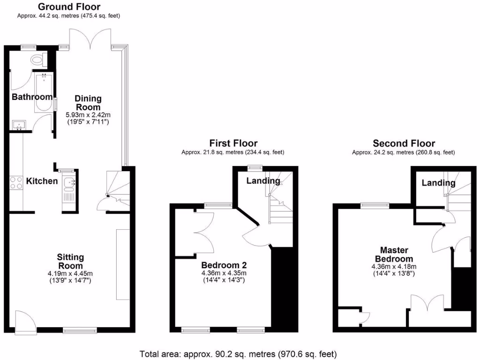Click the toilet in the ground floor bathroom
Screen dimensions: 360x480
click(37, 60)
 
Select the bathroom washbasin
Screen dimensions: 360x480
click(19, 125)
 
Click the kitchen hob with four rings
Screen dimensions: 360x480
click(16, 182)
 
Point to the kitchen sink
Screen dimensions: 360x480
click(69, 183)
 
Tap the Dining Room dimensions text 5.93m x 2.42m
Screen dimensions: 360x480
click(88, 115)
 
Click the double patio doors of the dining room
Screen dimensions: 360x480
click(90, 37)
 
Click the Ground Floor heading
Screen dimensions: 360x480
click(68, 7)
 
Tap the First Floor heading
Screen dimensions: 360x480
click(233, 143)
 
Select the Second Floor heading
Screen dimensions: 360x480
click(404, 143)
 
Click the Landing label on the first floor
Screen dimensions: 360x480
click(263, 181)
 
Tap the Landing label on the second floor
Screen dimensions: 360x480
click(438, 183)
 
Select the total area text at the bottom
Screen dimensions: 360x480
click(238, 354)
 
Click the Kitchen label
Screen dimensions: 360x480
click(42, 181)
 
